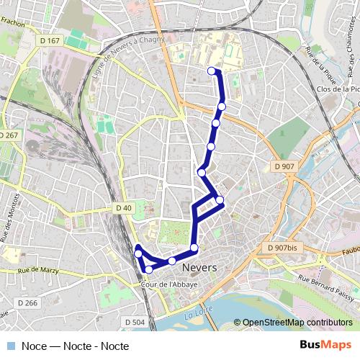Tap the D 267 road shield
[x=9, y=135]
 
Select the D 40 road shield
[x=124, y=208]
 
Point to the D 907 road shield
[x=284, y=167]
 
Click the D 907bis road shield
[x=282, y=248]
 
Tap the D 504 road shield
[x=135, y=322]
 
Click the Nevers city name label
[x=200, y=268]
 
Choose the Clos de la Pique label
[x=338, y=89]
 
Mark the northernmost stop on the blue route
[x=212, y=71]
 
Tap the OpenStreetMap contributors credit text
[x=292, y=323]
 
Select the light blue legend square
[x=10, y=346]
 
